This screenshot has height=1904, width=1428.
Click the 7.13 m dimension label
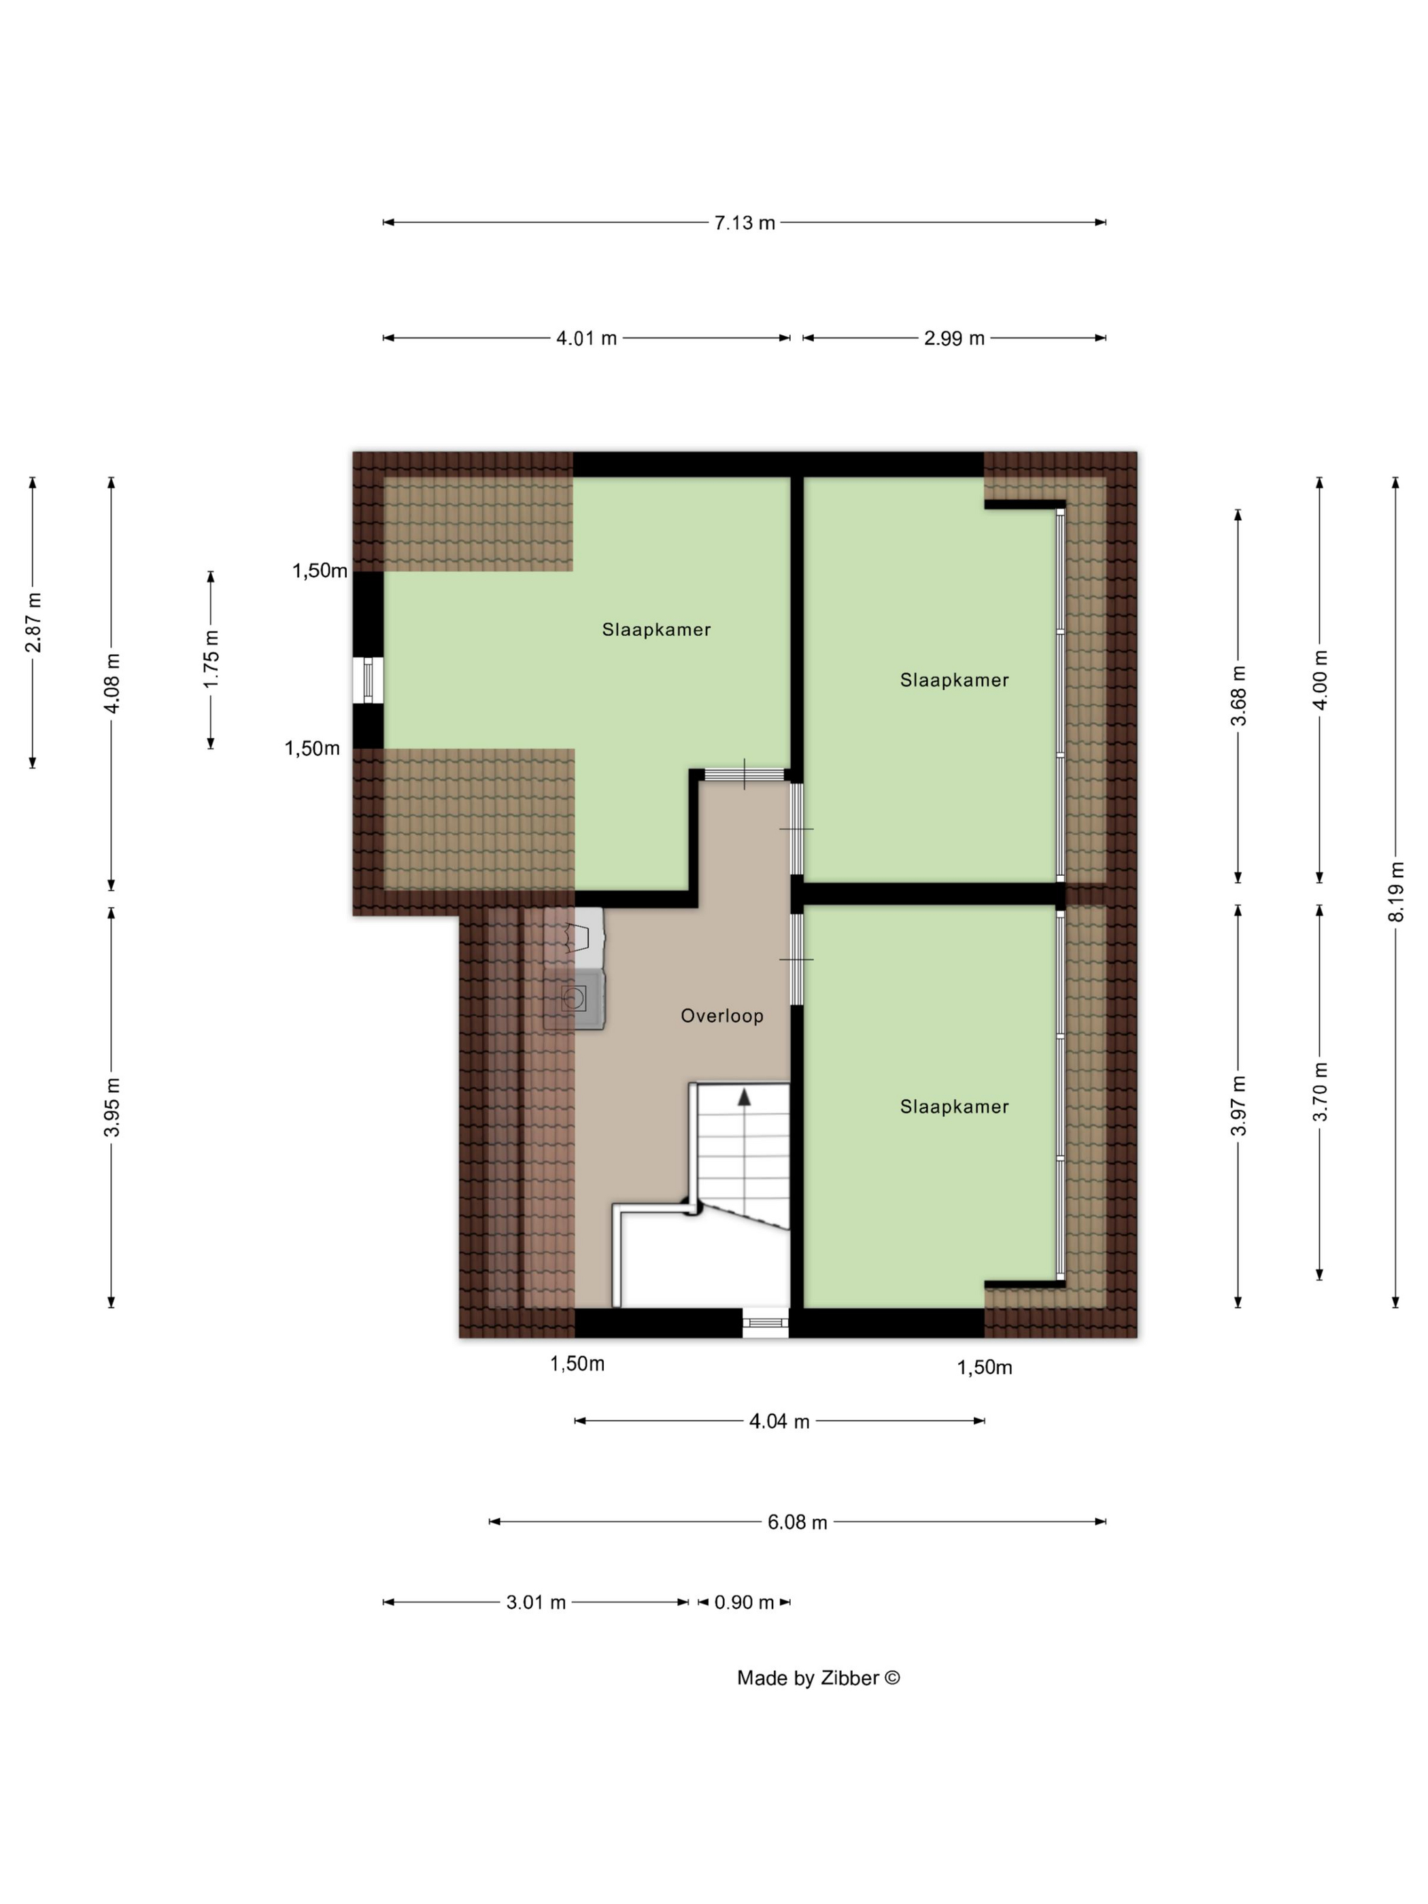745,223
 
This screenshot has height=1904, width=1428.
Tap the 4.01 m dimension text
586,338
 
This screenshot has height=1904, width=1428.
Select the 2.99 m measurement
954,338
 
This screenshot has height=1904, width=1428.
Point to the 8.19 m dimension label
1395,891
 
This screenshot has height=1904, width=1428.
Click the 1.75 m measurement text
211,658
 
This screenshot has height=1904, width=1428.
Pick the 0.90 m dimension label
745,1602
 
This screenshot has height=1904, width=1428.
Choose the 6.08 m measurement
797,1522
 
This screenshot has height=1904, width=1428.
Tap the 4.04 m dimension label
779,1421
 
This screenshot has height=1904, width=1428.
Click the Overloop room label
722,1016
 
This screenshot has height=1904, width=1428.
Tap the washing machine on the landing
574,998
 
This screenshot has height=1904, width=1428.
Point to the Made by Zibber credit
819,1678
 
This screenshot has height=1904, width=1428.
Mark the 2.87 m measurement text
33,622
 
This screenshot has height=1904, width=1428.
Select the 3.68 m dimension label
1238,696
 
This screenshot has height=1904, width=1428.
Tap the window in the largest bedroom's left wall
369,681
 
